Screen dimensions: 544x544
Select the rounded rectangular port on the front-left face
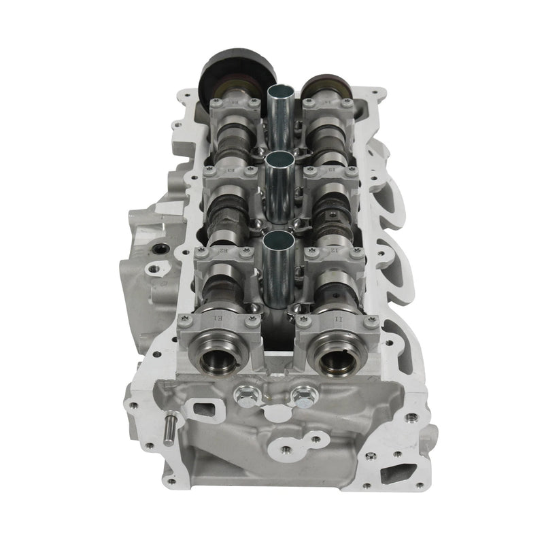point(202,410)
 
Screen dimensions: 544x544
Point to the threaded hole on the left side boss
point(160,250)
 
